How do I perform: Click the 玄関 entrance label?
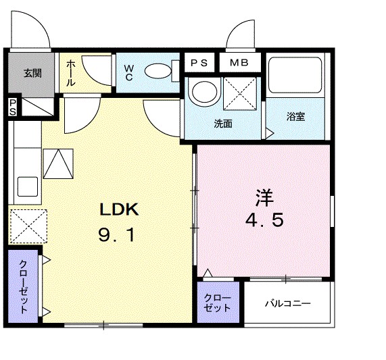(32, 73)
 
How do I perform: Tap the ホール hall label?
(70, 74)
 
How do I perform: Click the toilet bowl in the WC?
(160, 70)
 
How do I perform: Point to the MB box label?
(239, 63)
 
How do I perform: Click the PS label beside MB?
(199, 63)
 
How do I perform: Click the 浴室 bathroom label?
(295, 116)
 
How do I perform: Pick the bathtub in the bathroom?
(296, 76)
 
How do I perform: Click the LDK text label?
(120, 209)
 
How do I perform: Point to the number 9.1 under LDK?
(120, 236)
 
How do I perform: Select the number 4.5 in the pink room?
(263, 221)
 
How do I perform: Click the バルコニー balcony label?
(287, 304)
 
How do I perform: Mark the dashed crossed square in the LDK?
(28, 225)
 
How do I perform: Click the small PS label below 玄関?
(13, 107)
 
